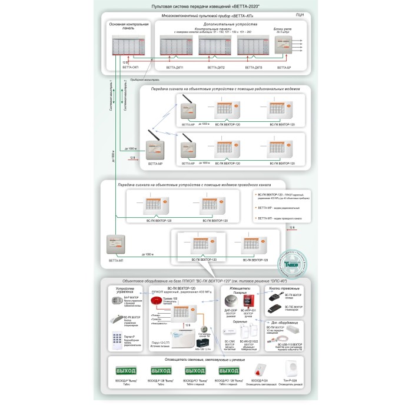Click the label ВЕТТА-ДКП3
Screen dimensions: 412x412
[254, 68]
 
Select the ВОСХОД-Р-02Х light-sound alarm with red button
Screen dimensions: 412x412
[256, 369]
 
